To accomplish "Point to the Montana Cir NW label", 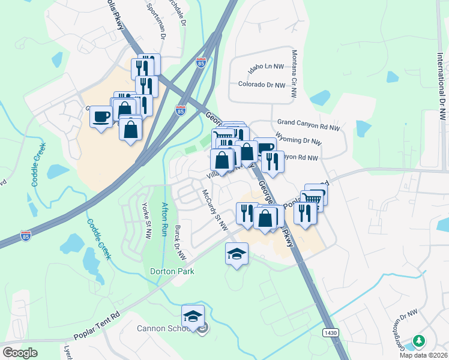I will click(295, 73).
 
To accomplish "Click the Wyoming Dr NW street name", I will click(298, 143).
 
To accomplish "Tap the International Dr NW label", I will click(441, 78).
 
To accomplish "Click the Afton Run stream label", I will click(164, 220).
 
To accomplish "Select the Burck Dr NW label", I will click(178, 242).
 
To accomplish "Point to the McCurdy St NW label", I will click(214, 209).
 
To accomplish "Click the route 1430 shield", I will click(330, 332).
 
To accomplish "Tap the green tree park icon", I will click(418, 341).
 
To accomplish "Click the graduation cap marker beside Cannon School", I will click(193, 316).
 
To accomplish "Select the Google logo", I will click(20, 352).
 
